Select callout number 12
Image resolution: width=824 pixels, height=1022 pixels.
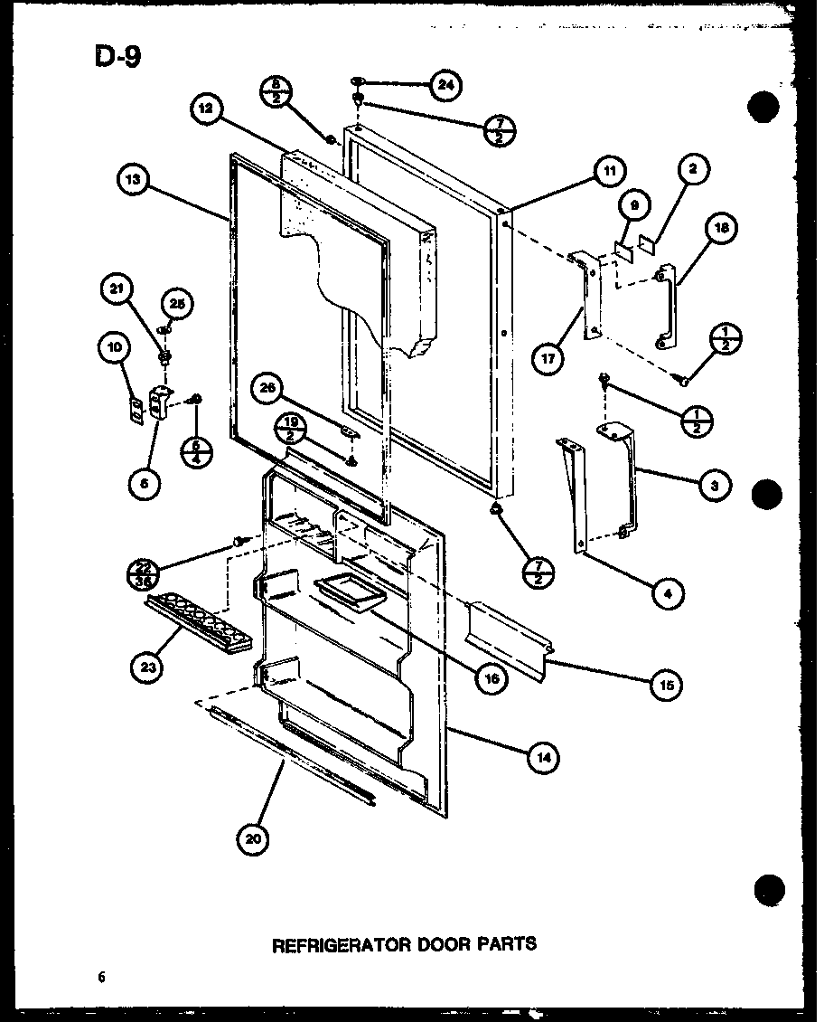(206, 108)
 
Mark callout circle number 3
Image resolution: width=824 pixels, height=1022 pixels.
(715, 485)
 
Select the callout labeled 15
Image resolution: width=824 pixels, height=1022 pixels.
(668, 684)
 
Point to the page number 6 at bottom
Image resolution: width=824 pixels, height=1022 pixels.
(102, 977)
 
